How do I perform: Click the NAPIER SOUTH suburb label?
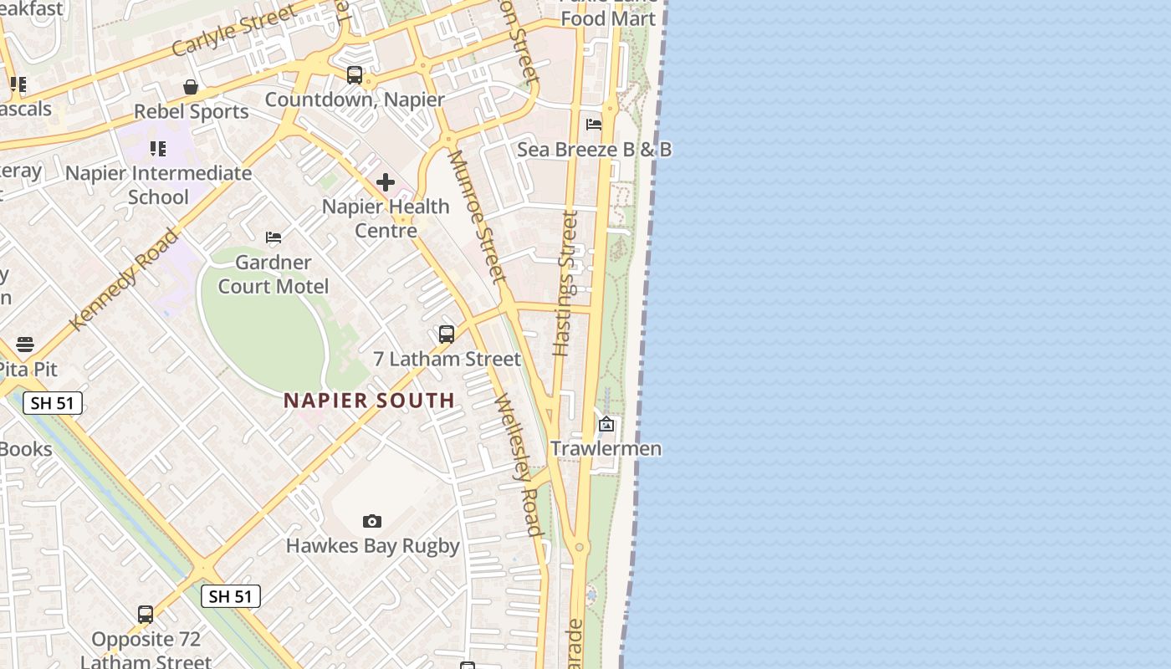coord(369,401)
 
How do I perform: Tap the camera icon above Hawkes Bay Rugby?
coord(372,522)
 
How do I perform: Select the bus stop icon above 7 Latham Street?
coord(447,334)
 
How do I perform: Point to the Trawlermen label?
coord(606,449)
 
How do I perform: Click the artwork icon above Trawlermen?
coord(606,425)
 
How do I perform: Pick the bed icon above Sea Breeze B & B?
coord(594,125)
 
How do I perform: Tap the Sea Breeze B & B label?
coord(594,150)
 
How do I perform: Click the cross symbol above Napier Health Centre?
coord(386,181)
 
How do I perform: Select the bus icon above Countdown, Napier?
coord(355,75)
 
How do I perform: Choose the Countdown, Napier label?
coord(355,100)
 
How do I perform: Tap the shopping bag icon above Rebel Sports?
coord(191,87)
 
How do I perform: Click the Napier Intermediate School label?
coord(158,185)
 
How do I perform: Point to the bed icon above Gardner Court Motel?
coord(274,237)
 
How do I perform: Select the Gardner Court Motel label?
coord(274,274)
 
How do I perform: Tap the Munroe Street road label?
coord(477,217)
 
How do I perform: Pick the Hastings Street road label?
coord(566,283)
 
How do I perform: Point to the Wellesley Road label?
coord(519,464)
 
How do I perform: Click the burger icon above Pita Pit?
coord(25,345)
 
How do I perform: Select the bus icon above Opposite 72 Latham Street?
coord(146,615)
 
